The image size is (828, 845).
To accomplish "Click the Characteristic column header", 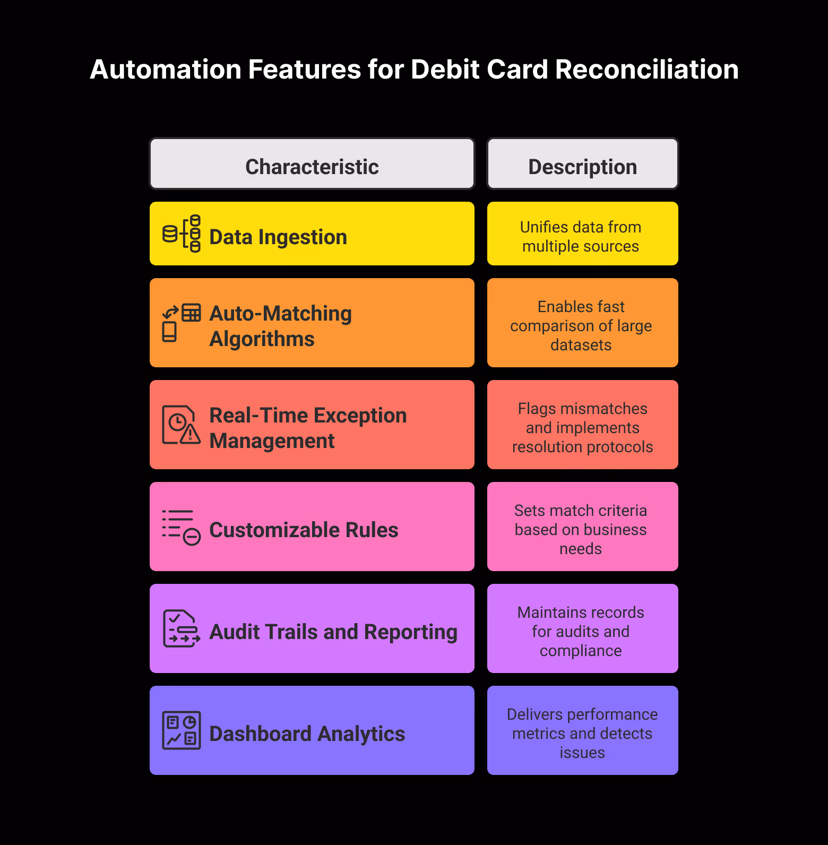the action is coord(312,167).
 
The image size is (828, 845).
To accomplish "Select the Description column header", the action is coord(582,167).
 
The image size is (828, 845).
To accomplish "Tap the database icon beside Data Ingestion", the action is coord(182,234).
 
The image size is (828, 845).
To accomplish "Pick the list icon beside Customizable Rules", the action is coord(182,527).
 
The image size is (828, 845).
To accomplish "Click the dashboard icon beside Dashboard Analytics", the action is coord(182,730).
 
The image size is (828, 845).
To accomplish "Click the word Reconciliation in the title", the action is coord(646,70).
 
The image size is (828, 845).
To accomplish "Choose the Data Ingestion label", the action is coord(278,237).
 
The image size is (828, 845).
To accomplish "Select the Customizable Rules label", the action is coord(304,530).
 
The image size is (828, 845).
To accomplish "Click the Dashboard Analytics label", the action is coord(307,734).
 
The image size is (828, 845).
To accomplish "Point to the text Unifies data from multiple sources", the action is coord(581,237).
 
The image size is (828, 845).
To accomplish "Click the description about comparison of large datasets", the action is coord(581,326).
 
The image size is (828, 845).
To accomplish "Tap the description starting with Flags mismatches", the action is coord(582,428).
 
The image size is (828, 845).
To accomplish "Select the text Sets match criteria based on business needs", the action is coord(581,530).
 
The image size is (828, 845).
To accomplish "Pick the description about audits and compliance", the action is coord(581,632).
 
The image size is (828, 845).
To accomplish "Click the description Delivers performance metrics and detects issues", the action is coord(582,734).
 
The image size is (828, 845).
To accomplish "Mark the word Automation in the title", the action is coord(166,70).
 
